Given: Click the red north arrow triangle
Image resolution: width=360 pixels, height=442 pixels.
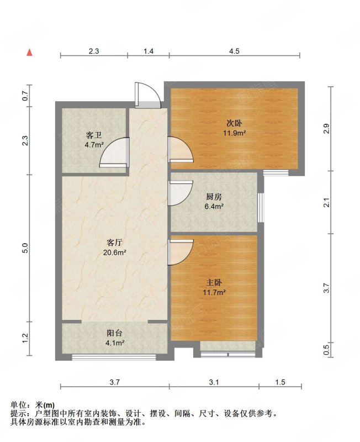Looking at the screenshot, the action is (30, 52).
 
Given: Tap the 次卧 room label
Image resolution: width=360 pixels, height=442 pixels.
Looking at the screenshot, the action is (234, 123).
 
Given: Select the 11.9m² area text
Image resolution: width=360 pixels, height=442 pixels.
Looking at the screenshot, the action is (234, 133).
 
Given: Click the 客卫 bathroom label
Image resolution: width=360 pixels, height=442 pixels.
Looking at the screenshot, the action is (94, 135).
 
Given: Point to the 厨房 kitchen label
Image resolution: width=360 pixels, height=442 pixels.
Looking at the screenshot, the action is (214, 197).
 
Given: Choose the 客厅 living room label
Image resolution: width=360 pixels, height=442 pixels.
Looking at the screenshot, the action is (114, 243).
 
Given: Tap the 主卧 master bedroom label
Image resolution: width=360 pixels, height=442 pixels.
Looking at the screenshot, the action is (214, 283).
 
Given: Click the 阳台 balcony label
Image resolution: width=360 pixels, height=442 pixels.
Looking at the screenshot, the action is (114, 333).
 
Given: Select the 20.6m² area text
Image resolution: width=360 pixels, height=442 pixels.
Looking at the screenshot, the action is (114, 252).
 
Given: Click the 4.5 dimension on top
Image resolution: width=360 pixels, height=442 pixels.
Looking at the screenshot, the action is (234, 51).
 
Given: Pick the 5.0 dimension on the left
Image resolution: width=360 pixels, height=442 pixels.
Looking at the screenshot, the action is (25, 248).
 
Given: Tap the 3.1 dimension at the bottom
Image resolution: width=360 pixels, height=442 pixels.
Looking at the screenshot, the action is (214, 382).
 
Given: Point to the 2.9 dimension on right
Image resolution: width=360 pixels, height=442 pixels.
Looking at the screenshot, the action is (326, 129).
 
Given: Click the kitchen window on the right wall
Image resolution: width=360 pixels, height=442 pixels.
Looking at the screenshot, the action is (261, 208).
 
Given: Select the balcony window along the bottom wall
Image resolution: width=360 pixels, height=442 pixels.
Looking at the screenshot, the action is (114, 357).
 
